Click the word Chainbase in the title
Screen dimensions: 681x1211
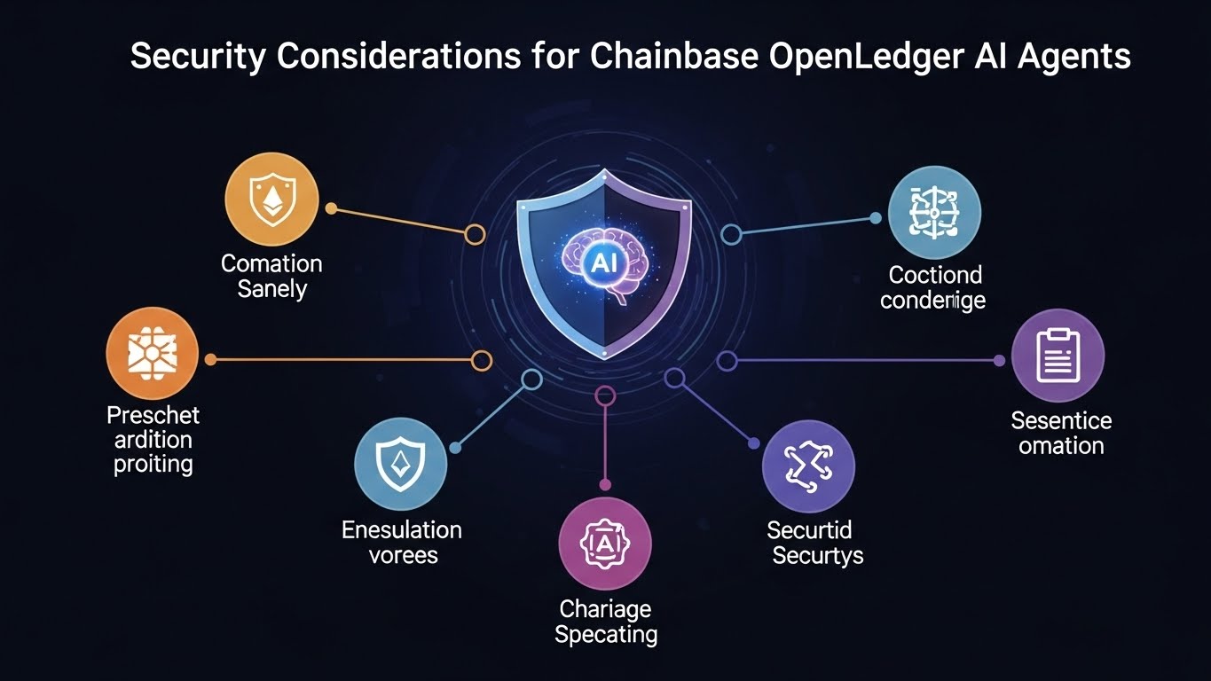pyautogui.click(x=673, y=57)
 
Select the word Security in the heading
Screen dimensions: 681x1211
pyautogui.click(x=198, y=57)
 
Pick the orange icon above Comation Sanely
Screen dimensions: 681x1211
pyautogui.click(x=271, y=200)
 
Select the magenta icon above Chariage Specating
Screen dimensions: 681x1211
pyautogui.click(x=605, y=543)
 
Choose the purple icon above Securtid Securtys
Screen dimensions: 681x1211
pyautogui.click(x=808, y=466)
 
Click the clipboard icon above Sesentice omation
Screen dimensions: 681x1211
pyautogui.click(x=1058, y=356)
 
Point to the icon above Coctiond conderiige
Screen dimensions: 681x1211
pyautogui.click(x=934, y=212)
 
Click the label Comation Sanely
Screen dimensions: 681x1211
pyautogui.click(x=271, y=276)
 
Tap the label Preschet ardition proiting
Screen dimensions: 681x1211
pyautogui.click(x=153, y=439)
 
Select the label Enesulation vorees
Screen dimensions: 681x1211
pyautogui.click(x=401, y=543)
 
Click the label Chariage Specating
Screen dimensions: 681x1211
pyautogui.click(x=606, y=622)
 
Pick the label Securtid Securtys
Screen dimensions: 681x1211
pyautogui.click(x=813, y=543)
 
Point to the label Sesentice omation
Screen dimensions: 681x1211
pyautogui.click(x=1061, y=432)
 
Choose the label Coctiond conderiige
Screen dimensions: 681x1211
pyautogui.click(x=933, y=287)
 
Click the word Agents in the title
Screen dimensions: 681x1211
pyautogui.click(x=1074, y=57)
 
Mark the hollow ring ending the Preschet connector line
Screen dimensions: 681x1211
pyautogui.click(x=481, y=360)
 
